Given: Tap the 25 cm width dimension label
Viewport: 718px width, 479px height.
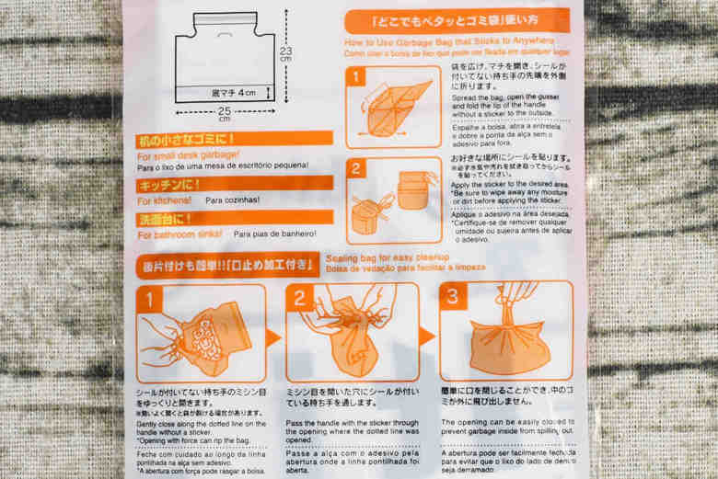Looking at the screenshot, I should [225, 114].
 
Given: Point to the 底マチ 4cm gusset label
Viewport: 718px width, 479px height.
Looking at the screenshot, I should [236, 92].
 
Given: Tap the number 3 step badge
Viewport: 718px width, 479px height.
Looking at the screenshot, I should [452, 296].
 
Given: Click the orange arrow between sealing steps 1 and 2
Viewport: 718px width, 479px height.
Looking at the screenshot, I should [274, 336].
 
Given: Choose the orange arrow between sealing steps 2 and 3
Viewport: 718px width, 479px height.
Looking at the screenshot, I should [427, 336].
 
